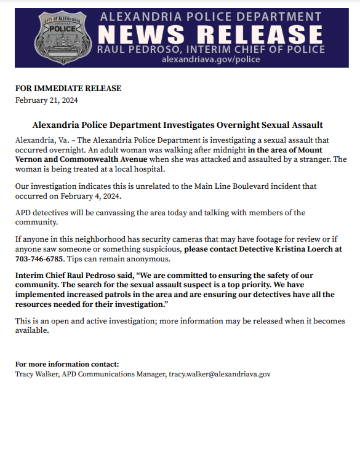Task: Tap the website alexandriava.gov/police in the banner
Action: click(x=210, y=60)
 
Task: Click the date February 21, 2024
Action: click(x=46, y=100)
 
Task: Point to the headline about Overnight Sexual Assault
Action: click(x=177, y=125)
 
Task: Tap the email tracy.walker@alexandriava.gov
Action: click(x=220, y=374)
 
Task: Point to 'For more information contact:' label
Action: click(x=67, y=364)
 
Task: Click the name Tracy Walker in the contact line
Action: click(x=36, y=374)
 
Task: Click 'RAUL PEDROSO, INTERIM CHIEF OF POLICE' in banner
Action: click(x=210, y=49)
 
